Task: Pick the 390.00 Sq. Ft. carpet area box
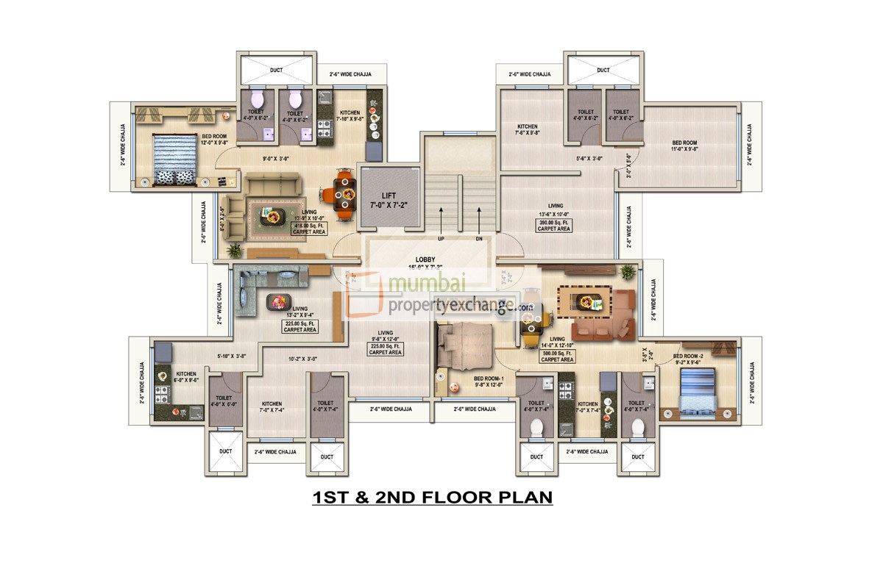click(x=553, y=225)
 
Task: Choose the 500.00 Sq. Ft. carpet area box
click(x=557, y=356)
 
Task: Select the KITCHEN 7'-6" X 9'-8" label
click(x=527, y=129)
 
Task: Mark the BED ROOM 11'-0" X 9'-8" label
click(x=684, y=146)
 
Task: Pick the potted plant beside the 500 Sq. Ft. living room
click(x=627, y=272)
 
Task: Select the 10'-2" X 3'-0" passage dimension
click(x=302, y=359)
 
